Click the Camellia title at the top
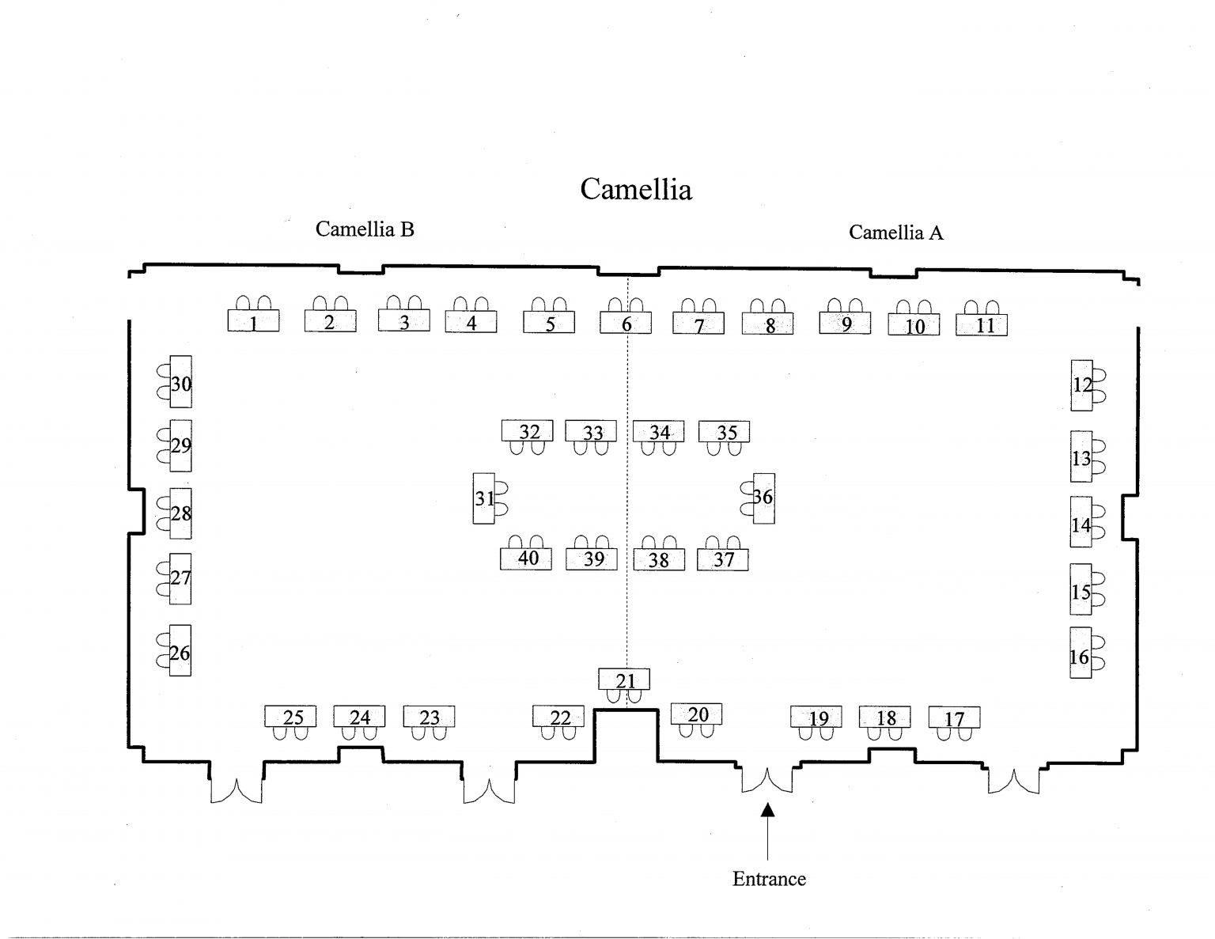pos(636,189)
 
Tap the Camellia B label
pos(365,229)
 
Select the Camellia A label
pos(895,233)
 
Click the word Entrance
pos(769,879)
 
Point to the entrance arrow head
pos(768,809)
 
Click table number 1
pos(253,321)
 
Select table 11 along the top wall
pos(982,325)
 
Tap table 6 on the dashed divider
pos(626,323)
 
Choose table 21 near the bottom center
pos(624,679)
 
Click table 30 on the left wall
pos(180,381)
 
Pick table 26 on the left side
pos(180,650)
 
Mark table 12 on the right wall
pos(1081,386)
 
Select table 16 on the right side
pos(1081,653)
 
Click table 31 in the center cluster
pos(483,498)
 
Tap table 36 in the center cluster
pos(764,498)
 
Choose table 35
pos(724,431)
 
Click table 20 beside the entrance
pos(696,714)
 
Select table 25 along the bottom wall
pos(290,717)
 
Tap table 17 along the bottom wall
pos(955,718)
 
